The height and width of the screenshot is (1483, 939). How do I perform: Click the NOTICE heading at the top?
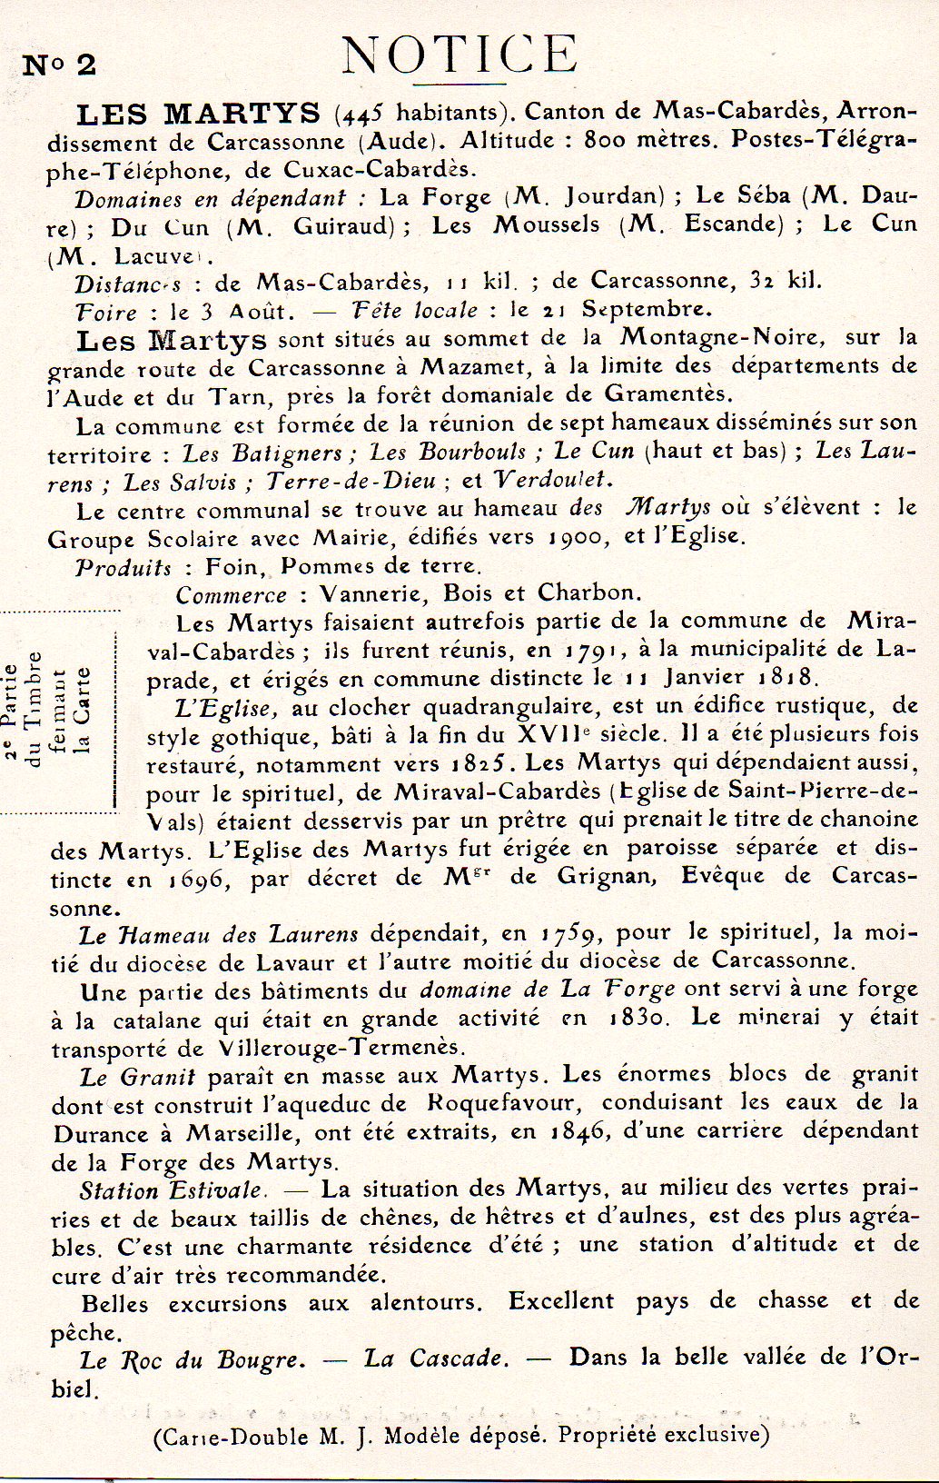460,55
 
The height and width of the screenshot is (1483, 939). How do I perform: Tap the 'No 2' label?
59,65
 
